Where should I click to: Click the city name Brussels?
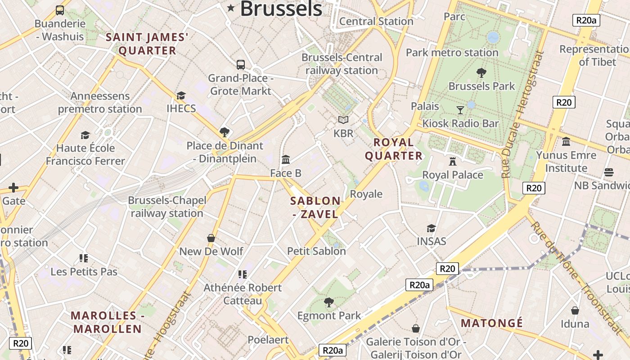point(281,9)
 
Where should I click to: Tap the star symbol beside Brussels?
point(231,8)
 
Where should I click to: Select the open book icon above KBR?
point(343,120)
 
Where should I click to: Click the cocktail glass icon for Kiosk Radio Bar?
point(460,110)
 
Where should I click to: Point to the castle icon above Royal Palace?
point(453,161)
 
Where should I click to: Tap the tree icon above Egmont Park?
point(329,302)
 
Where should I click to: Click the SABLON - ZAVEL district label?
point(315,207)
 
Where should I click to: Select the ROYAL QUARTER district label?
point(394,149)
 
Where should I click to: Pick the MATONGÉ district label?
point(492,323)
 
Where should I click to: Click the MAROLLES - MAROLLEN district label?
point(108,322)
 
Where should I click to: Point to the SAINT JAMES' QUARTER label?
point(147,44)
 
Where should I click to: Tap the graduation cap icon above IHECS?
point(181,95)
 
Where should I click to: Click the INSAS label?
point(432,241)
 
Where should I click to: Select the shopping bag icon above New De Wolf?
point(211,238)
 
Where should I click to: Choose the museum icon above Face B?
point(286,159)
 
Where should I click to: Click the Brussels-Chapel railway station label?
point(167,207)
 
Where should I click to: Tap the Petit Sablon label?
point(316,251)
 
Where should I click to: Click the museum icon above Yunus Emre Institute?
point(566,142)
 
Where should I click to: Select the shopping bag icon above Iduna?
point(575,310)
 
